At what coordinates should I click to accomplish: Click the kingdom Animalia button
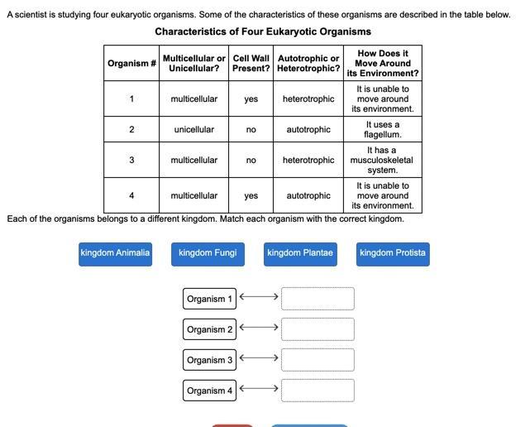tap(115, 253)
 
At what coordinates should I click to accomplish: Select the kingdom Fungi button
tap(208, 253)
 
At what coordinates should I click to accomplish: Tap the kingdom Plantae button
tap(300, 253)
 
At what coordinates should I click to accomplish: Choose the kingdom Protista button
tap(393, 253)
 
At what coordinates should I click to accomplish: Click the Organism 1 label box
tap(209, 299)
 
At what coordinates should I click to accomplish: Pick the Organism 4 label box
tap(209, 391)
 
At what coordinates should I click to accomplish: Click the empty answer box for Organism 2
tap(318, 329)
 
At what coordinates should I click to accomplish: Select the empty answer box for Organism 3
tap(318, 360)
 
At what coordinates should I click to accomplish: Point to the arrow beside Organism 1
tap(259, 296)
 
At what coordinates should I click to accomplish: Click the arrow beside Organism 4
tap(259, 388)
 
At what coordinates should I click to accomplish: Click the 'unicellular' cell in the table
tap(194, 130)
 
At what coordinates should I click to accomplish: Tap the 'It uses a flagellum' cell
tap(383, 130)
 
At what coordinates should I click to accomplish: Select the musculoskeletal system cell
tap(383, 161)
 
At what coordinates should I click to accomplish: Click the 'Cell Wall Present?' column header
tap(251, 64)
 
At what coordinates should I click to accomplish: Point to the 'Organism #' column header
tap(131, 64)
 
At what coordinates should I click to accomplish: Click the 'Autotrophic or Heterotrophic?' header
tap(308, 64)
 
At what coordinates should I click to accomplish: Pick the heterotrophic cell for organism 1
tap(308, 99)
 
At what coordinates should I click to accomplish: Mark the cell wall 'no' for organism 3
tap(251, 161)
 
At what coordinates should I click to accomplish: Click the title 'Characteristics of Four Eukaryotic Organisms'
tap(263, 31)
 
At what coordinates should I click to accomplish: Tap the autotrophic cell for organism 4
tap(308, 196)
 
